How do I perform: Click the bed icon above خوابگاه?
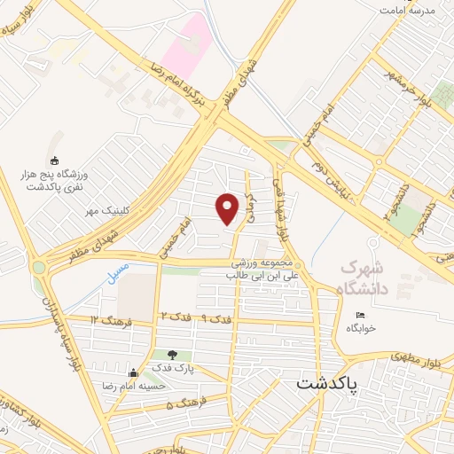click(x=359, y=315)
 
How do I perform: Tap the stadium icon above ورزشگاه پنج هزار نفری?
click(x=56, y=160)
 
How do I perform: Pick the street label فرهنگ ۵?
click(x=185, y=404)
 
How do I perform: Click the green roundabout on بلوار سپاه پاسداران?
click(x=39, y=266)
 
